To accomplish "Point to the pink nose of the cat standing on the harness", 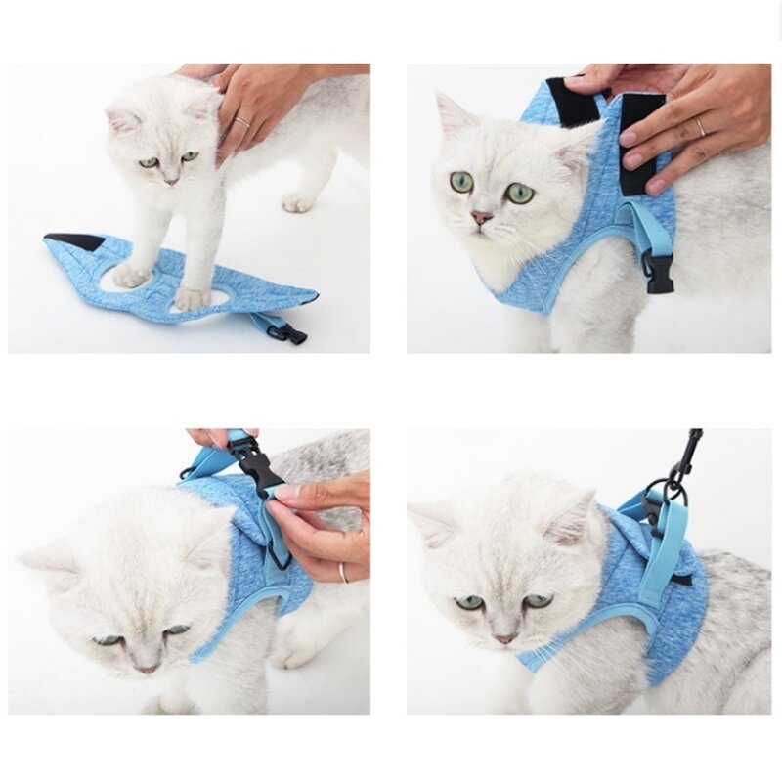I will tap(170, 181).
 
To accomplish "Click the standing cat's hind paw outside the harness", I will tap(297, 202).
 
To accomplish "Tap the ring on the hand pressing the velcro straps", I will tap(700, 127).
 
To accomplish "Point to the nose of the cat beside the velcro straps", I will tap(481, 217).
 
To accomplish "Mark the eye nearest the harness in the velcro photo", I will tap(520, 193).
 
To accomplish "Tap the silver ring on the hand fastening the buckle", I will tap(343, 573).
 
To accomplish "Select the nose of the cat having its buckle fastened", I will tap(147, 669).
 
